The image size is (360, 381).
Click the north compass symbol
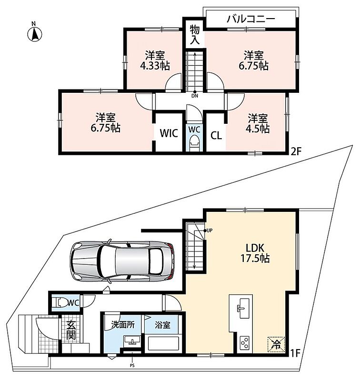coord(34,32)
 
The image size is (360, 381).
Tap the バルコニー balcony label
coord(250,19)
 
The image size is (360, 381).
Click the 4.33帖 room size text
coord(155,66)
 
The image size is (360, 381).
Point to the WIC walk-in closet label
coord(169,133)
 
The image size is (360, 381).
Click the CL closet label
coord(216,136)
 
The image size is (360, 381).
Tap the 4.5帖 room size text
coord(258,129)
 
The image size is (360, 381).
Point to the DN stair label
coord(195,96)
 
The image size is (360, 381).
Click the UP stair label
coord(210,230)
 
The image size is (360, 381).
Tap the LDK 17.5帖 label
coord(255,253)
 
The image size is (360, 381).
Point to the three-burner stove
coord(244,343)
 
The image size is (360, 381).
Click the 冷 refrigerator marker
coord(276,344)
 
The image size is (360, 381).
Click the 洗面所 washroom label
coord(123,325)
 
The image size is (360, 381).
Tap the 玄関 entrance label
coord(71,330)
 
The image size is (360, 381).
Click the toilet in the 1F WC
coord(60,303)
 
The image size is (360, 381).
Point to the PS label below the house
coord(132,365)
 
